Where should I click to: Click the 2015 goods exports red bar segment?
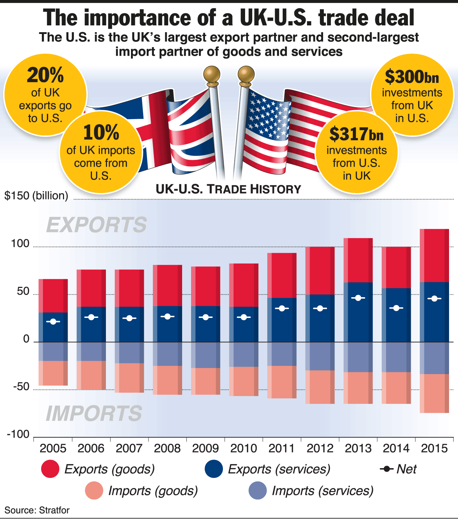pos(434,255)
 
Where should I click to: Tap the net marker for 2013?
pos(358,298)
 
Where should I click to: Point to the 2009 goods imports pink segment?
pos(206,381)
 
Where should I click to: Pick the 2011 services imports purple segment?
pos(282,354)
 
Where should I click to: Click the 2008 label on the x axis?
pos(167,448)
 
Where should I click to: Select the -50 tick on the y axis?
pos(21,387)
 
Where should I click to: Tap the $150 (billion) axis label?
pos(36,196)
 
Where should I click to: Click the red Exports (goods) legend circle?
pos(50,469)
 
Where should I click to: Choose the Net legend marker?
pos(387,469)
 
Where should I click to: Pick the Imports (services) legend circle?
pos(258,490)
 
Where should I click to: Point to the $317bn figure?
pos(356,134)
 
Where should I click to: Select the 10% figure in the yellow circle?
pos(101,132)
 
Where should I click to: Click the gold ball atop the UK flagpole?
pos(211,74)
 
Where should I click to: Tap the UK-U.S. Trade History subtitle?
pos(228,189)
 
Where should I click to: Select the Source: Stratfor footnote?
pos(37,510)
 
